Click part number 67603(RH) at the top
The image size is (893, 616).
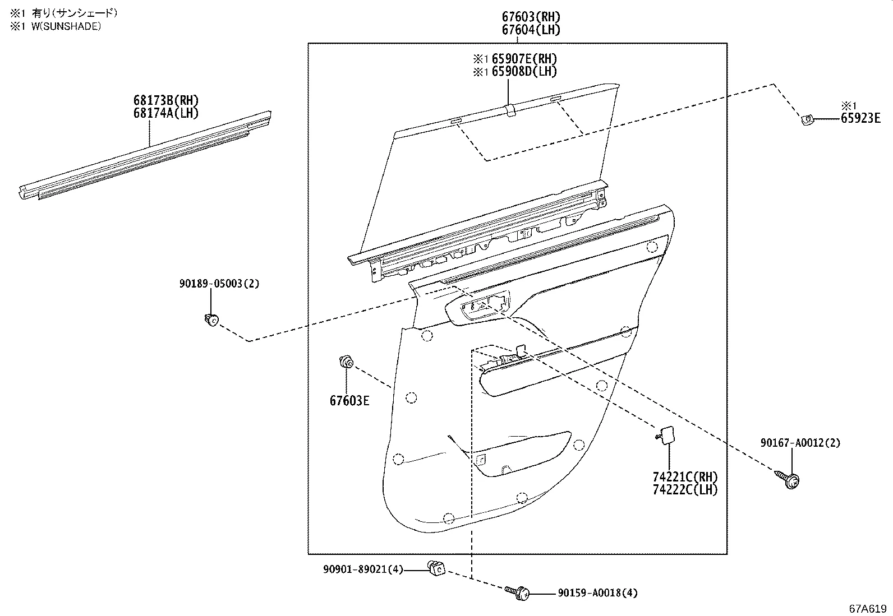pyautogui.click(x=531, y=17)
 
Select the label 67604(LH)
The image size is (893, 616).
pyautogui.click(x=531, y=30)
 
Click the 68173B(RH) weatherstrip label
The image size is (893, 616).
pyautogui.click(x=166, y=101)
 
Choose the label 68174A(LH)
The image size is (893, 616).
pyautogui.click(x=166, y=113)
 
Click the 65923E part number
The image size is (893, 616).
pyautogui.click(x=860, y=118)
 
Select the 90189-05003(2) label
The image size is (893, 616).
pyautogui.click(x=219, y=284)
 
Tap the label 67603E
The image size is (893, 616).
pyautogui.click(x=349, y=401)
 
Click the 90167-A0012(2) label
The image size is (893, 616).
pyautogui.click(x=800, y=443)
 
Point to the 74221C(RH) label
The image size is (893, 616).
pyautogui.click(x=685, y=477)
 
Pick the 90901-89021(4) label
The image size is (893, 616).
pyautogui.click(x=363, y=569)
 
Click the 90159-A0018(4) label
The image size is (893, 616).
pyautogui.click(x=597, y=593)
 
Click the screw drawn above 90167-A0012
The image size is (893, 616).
pyautogui.click(x=789, y=479)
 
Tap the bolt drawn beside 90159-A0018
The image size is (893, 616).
pyautogui.click(x=518, y=591)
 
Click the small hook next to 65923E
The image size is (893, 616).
pyautogui.click(x=807, y=119)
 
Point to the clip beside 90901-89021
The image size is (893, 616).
pyautogui.click(x=436, y=568)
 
